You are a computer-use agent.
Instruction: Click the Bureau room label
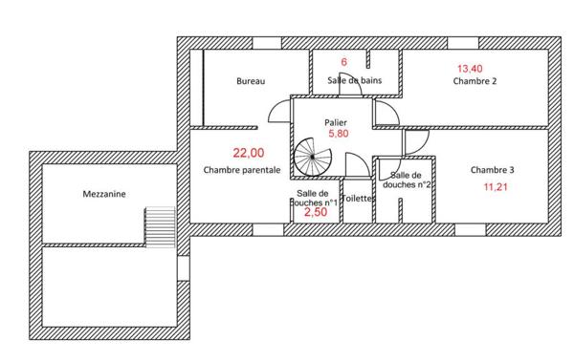(251, 81)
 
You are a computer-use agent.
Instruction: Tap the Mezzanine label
(104, 194)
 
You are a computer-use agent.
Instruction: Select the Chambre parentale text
(242, 170)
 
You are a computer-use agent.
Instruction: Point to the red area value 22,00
(249, 153)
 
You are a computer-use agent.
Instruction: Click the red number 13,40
(470, 69)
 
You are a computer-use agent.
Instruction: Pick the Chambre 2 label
(475, 81)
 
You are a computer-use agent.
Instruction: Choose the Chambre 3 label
(493, 170)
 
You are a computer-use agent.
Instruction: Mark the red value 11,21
(496, 187)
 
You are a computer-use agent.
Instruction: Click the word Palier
(336, 123)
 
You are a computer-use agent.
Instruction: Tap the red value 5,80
(339, 134)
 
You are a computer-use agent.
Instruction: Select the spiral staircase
(312, 158)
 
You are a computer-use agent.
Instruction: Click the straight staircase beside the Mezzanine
(161, 227)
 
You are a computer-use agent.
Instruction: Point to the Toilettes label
(358, 199)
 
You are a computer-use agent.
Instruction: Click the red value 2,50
(316, 212)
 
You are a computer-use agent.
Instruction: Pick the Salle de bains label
(355, 80)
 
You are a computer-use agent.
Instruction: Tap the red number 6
(343, 62)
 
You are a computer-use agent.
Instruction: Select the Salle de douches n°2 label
(407, 180)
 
